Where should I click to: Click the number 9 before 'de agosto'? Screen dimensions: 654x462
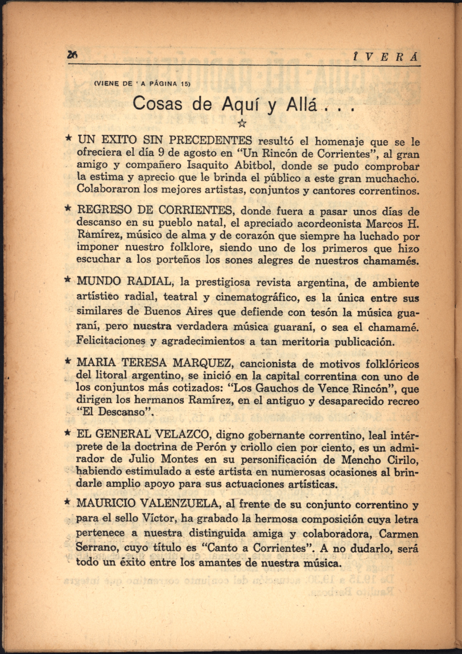tap(161, 153)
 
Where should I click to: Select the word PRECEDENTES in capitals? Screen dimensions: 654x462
tap(211, 140)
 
